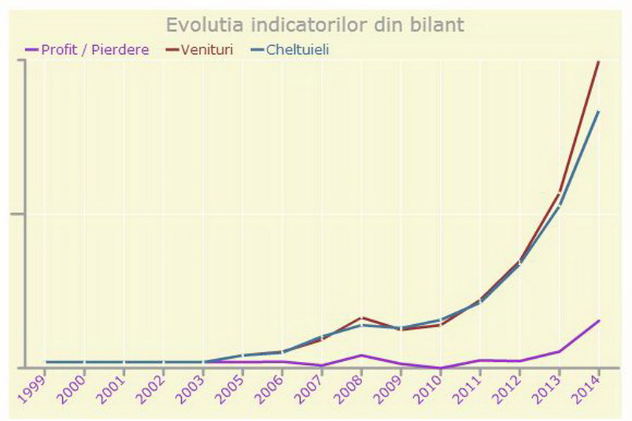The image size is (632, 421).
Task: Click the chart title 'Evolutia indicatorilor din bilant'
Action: tap(315, 24)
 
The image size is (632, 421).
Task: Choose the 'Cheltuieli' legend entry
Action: tap(297, 50)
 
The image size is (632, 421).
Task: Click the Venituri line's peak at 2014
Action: tap(598, 62)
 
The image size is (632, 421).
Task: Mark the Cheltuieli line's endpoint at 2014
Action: tap(598, 112)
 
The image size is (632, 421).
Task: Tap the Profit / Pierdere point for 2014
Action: tap(598, 320)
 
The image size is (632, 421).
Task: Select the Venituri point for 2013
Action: tap(559, 192)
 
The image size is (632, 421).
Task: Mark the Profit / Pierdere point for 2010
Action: tap(441, 368)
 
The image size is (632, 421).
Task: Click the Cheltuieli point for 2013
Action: tap(559, 206)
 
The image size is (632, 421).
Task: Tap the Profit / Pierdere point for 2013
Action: tap(559, 351)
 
